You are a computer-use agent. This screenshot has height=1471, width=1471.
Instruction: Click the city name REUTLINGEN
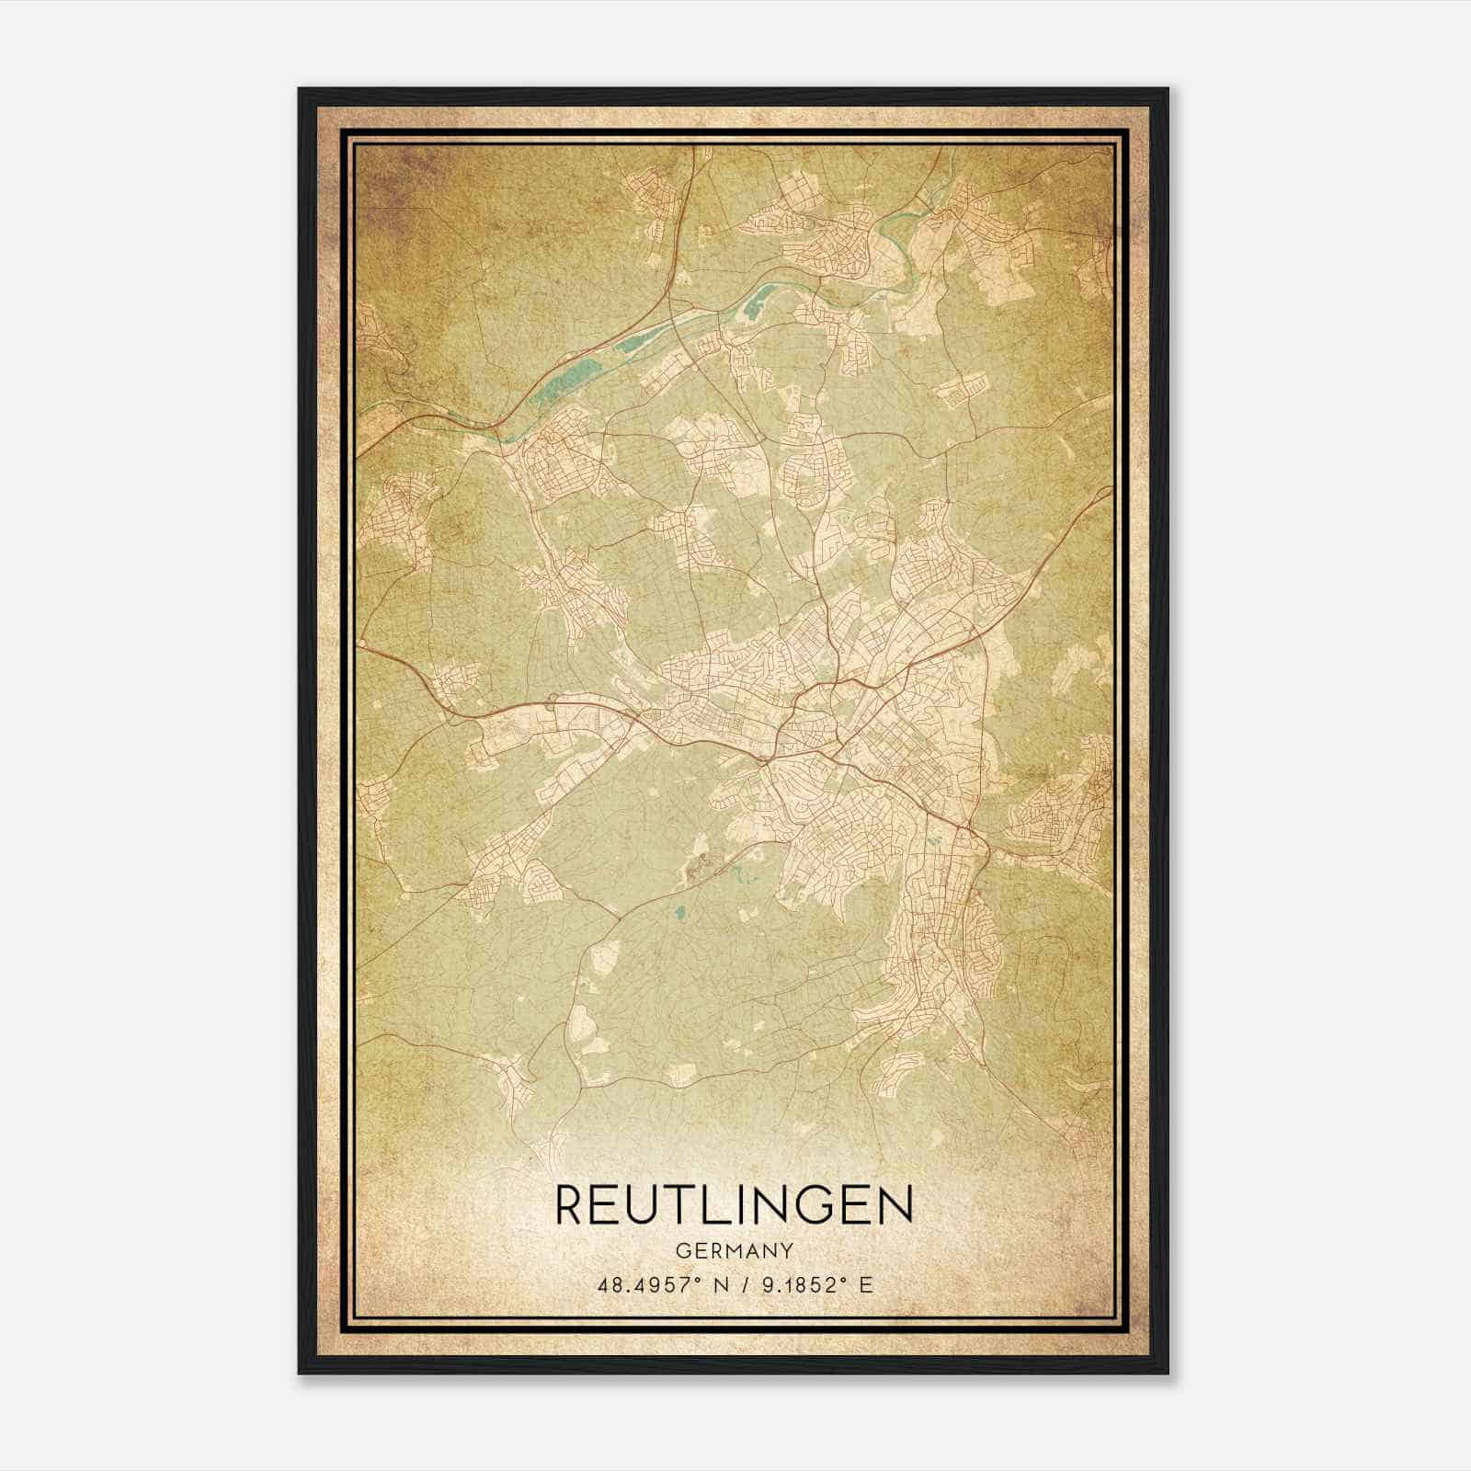(x=735, y=1205)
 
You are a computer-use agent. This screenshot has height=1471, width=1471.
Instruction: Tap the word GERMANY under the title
(x=735, y=1250)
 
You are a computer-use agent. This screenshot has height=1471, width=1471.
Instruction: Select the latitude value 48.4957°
(x=644, y=1285)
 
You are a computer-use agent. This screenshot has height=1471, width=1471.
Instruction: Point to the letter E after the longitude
(x=864, y=1285)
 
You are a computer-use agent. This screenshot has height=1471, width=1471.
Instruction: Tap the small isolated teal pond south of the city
(x=680, y=914)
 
